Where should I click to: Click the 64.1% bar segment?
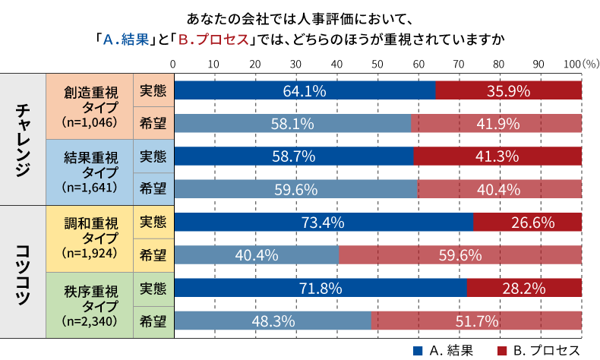[305, 90]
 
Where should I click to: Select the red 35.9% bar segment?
[508, 90]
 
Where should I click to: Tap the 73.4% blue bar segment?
[324, 223]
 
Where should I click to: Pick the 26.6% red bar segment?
[527, 223]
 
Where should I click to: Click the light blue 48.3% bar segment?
[273, 321]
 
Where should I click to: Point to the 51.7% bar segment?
[476, 321]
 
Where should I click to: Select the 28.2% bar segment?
[524, 289]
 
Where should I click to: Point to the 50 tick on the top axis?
[376, 63]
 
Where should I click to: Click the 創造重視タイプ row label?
[90, 107]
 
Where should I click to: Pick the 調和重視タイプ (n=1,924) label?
[90, 238]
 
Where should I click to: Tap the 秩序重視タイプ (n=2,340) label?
[90, 304]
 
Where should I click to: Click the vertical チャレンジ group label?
[23, 140]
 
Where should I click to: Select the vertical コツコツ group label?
[23, 272]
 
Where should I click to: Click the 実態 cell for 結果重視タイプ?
[153, 156]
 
